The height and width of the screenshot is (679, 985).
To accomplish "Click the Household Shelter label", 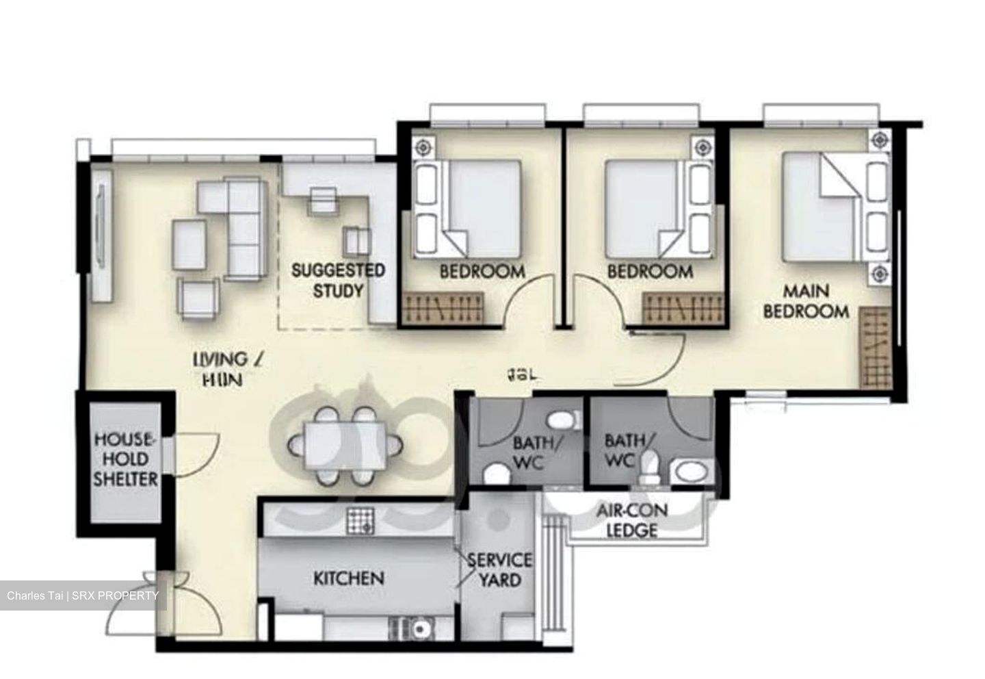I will pos(126,459).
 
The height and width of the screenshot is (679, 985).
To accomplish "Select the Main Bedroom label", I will pos(806,301).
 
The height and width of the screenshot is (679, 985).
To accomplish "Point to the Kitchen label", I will pos(349,578).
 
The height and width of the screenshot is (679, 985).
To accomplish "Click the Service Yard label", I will pos(499,570).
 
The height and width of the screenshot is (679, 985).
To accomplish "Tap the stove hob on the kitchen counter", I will pos(360,522).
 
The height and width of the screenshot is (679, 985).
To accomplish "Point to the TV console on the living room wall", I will pos(101,233).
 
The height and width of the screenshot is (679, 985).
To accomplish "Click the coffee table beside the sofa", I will pos(189,244).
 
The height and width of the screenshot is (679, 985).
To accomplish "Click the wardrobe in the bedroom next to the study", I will pos(443,307).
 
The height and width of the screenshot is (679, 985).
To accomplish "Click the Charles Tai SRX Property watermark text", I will pos(83,596).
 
